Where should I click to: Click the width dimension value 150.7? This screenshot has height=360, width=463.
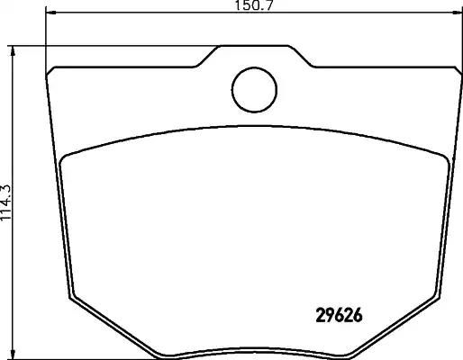(x=254, y=5)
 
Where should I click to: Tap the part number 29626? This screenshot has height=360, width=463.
(x=340, y=316)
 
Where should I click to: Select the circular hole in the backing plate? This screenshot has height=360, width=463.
(x=254, y=90)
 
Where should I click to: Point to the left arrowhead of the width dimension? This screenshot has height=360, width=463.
(x=50, y=13)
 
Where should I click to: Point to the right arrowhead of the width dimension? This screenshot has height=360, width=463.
(x=457, y=13)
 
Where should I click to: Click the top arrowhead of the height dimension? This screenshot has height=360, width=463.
(x=13, y=51)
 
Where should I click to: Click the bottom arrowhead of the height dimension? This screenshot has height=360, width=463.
(x=13, y=355)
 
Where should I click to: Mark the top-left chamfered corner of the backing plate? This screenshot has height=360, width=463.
(x=50, y=71)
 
